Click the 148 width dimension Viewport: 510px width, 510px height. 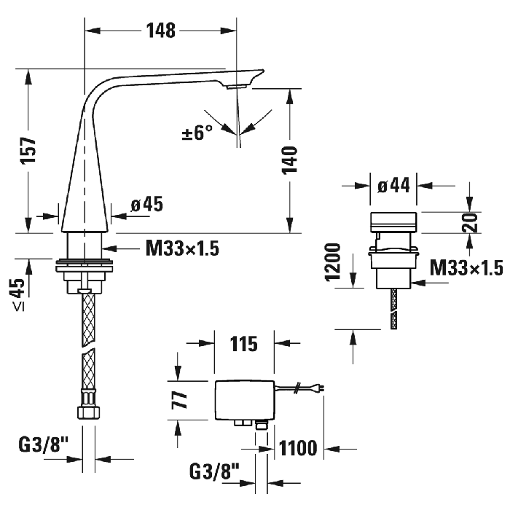(x=160, y=30)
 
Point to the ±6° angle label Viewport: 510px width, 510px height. (x=197, y=133)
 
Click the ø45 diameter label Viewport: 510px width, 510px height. (x=146, y=205)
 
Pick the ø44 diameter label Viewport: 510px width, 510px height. (x=394, y=185)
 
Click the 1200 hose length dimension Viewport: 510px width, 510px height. (x=334, y=262)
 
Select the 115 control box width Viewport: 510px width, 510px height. (x=243, y=344)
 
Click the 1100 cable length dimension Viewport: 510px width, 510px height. (x=299, y=449)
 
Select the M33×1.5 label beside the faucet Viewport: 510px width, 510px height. (x=182, y=248)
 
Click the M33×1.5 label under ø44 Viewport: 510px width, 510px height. (x=466, y=269)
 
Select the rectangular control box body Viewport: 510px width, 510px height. (x=243, y=400)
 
